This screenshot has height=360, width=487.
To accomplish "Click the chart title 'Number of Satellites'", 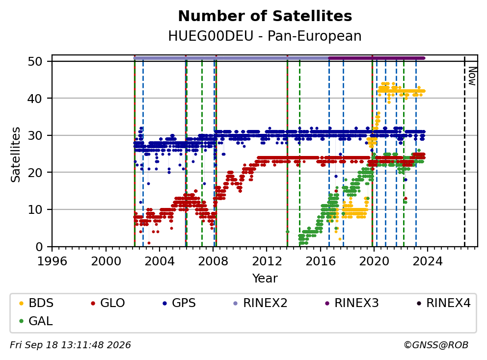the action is pyautogui.click(x=265, y=16).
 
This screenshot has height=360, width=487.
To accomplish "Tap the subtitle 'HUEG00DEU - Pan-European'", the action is pyautogui.click(x=265, y=36).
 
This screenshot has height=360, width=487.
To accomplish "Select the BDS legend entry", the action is pyautogui.click(x=36, y=303).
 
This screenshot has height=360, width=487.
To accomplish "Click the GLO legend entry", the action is pyautogui.click(x=108, y=303).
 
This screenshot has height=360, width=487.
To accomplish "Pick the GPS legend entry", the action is pyautogui.click(x=179, y=303).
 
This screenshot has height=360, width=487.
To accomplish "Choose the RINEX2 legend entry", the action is pyautogui.click(x=260, y=303).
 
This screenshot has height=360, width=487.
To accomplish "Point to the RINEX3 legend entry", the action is pyautogui.click(x=352, y=303).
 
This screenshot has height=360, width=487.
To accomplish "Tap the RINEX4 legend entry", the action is pyautogui.click(x=443, y=303).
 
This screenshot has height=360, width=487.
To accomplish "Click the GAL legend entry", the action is pyautogui.click(x=36, y=321).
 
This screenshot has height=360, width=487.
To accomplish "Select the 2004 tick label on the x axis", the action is pyautogui.click(x=160, y=261).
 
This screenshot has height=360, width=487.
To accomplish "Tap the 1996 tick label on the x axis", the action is pyautogui.click(x=52, y=261).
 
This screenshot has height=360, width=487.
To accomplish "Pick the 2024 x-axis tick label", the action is pyautogui.click(x=428, y=261).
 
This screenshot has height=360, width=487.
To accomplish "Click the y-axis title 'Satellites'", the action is pyautogui.click(x=15, y=154).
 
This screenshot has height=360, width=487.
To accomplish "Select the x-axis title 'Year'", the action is pyautogui.click(x=265, y=279).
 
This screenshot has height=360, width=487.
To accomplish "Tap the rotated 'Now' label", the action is pyautogui.click(x=472, y=76).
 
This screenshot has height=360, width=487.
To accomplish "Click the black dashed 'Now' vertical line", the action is pyautogui.click(x=464, y=152).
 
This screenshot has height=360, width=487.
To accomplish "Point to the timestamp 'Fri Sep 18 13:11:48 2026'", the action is pyautogui.click(x=71, y=345).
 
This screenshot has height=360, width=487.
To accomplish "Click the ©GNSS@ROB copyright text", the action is pyautogui.click(x=436, y=345).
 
